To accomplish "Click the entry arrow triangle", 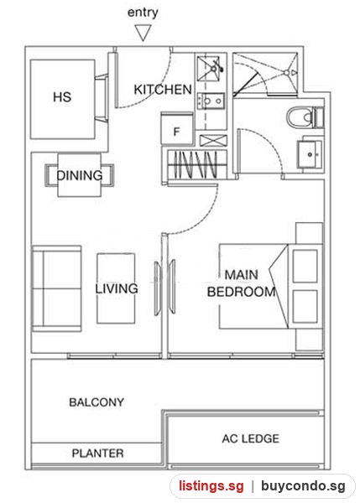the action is click(143, 33).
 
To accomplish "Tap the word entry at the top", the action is click(143, 13).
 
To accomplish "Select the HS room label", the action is click(62, 97).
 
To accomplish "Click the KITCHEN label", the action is click(163, 90).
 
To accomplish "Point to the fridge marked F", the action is click(177, 128).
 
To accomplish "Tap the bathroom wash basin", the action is click(310, 154).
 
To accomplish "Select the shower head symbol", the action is click(287, 73).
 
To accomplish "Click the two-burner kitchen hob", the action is click(211, 101).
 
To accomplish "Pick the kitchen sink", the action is click(210, 69).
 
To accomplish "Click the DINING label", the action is click(80, 175).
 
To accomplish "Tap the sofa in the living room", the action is click(56, 288).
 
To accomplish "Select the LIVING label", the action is click(117, 288).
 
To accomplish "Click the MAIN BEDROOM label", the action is click(242, 283).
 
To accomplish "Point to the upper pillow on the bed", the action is click(305, 267).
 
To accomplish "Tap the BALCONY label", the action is click(97, 402).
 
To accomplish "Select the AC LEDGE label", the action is click(251, 438).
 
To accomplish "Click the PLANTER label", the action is click(97, 454).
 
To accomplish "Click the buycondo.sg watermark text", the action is click(303, 485).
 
